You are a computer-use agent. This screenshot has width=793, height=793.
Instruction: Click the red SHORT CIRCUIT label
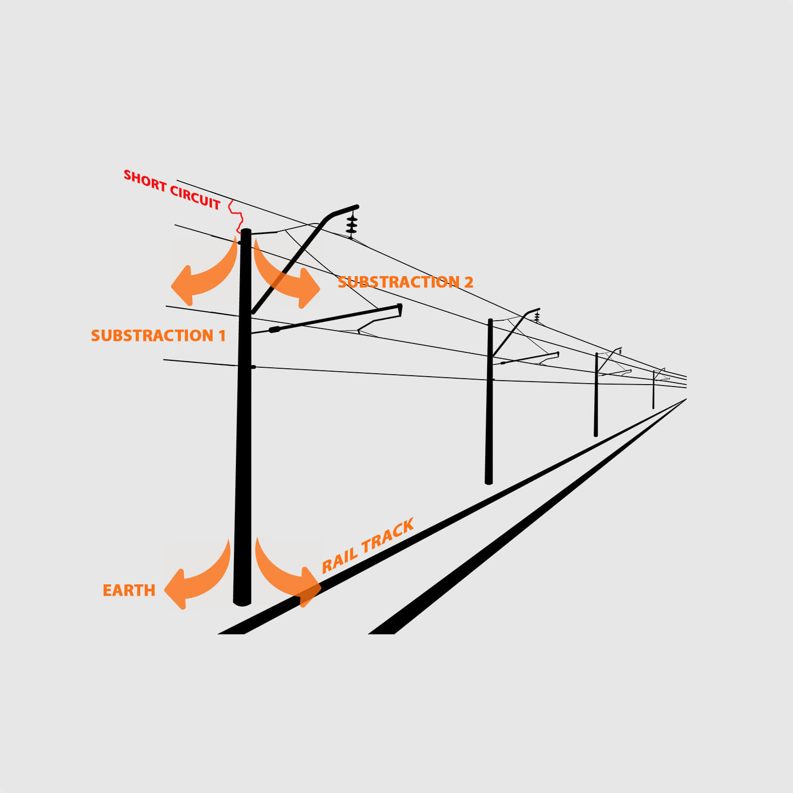pos(171,189)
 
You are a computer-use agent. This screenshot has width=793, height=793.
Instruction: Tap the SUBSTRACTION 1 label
pos(158,336)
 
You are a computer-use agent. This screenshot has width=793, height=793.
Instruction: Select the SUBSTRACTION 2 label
pos(405,282)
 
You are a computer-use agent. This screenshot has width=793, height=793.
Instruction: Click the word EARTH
pos(129,590)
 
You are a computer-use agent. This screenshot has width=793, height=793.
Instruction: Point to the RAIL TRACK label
pos(367,546)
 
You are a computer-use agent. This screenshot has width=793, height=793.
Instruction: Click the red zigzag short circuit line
pos(236,217)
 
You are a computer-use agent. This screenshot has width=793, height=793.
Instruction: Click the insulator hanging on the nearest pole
pos(352,225)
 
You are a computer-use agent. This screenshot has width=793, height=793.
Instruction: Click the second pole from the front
pos(489,401)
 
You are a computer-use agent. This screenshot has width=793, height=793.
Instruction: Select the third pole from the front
pos(596,395)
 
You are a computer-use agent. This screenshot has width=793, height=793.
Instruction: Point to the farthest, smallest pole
pos(653,390)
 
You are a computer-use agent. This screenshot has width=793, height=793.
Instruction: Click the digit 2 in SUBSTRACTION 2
pos(468,282)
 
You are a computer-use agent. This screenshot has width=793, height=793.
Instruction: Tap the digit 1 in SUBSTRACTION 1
pos(223,336)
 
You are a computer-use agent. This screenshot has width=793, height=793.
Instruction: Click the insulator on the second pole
pos(537,316)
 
